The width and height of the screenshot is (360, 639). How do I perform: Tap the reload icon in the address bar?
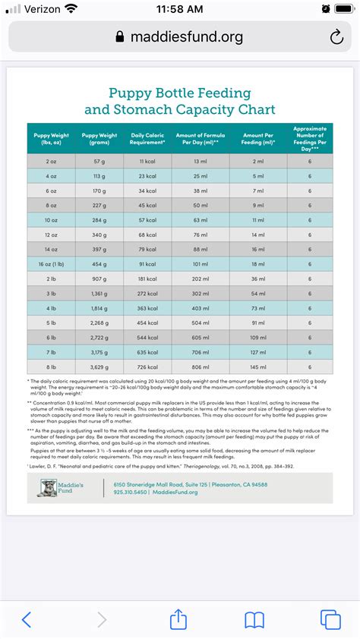click(336, 37)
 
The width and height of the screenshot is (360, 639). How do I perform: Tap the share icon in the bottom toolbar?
click(178, 619)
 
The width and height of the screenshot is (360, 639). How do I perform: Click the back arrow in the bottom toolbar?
click(27, 619)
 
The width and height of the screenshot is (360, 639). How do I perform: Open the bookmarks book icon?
click(254, 619)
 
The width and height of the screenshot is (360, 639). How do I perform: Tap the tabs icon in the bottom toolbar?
click(330, 619)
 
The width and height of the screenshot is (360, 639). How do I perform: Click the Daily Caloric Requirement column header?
click(147, 139)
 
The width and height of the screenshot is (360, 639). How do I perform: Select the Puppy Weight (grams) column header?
click(99, 139)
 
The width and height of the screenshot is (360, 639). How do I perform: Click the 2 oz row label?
click(51, 161)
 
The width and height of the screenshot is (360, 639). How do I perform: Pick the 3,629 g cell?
click(99, 367)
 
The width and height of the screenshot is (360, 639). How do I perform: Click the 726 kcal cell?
click(147, 367)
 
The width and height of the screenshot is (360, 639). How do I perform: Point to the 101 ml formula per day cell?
click(200, 263)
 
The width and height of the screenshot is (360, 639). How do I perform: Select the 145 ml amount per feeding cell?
click(258, 367)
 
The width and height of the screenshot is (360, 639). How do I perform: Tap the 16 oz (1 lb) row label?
click(51, 263)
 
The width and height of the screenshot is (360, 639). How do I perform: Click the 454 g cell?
click(99, 263)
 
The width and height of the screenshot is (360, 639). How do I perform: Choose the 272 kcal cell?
click(147, 293)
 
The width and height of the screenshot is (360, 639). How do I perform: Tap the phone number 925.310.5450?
click(132, 493)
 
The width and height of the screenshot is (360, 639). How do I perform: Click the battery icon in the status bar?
click(342, 9)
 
